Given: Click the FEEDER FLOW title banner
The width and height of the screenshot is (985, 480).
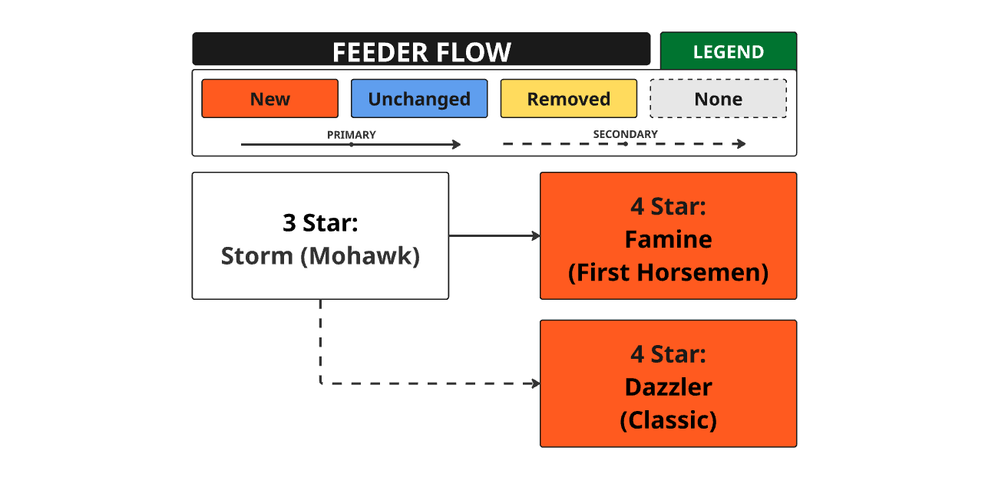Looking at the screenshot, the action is pyautogui.click(x=421, y=49).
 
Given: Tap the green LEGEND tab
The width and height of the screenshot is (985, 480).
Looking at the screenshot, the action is pyautogui.click(x=729, y=51).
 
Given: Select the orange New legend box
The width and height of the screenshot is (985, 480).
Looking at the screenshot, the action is pyautogui.click(x=270, y=98).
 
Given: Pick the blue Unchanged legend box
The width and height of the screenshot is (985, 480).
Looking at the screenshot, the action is pyautogui.click(x=419, y=98).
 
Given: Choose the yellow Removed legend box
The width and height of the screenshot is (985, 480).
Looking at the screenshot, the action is pyautogui.click(x=569, y=98).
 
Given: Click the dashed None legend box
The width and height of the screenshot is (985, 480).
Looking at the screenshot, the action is pyautogui.click(x=718, y=98).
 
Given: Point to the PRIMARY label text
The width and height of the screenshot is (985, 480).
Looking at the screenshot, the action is pyautogui.click(x=352, y=135).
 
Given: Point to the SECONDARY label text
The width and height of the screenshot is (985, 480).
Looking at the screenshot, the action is pyautogui.click(x=625, y=134).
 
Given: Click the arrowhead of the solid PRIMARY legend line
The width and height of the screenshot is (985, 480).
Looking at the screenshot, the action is pyautogui.click(x=457, y=144).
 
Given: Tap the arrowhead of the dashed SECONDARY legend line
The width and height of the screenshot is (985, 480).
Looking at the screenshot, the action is pyautogui.click(x=742, y=143).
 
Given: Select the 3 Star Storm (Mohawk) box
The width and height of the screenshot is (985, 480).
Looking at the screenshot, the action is pyautogui.click(x=320, y=236).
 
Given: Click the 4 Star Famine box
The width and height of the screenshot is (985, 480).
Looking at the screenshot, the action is pyautogui.click(x=669, y=236).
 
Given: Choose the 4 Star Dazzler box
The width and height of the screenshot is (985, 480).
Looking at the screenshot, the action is pyautogui.click(x=669, y=383).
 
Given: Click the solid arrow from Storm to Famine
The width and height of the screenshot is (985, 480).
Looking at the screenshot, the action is pyautogui.click(x=494, y=236).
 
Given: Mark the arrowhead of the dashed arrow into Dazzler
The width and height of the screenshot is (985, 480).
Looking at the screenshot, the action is pyautogui.click(x=536, y=383).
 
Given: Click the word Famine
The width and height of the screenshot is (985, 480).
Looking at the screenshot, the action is pyautogui.click(x=669, y=239).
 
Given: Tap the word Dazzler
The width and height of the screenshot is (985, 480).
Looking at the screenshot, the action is pyautogui.click(x=669, y=387).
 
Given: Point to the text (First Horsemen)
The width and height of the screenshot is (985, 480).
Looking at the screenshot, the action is pyautogui.click(x=669, y=272).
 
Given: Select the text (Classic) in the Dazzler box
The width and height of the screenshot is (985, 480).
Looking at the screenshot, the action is pyautogui.click(x=669, y=420).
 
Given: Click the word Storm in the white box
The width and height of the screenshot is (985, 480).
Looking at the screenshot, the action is pyautogui.click(x=256, y=256).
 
